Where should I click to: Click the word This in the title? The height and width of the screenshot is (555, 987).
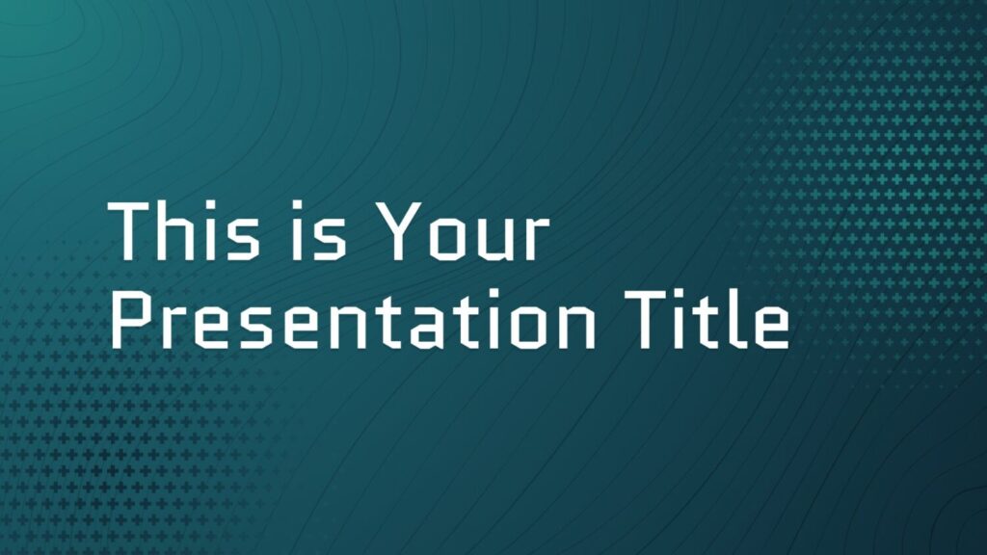point(183,230)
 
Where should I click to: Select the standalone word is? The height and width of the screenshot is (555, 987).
point(319,230)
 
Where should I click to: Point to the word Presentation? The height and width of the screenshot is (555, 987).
point(353,320)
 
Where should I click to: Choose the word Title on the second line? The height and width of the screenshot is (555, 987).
point(707,320)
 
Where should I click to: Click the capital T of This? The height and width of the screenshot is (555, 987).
point(129,230)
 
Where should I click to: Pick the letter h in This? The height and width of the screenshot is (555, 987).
point(175,230)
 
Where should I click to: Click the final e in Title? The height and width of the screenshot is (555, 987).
point(771,328)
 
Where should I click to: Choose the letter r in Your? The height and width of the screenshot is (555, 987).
point(536,238)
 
